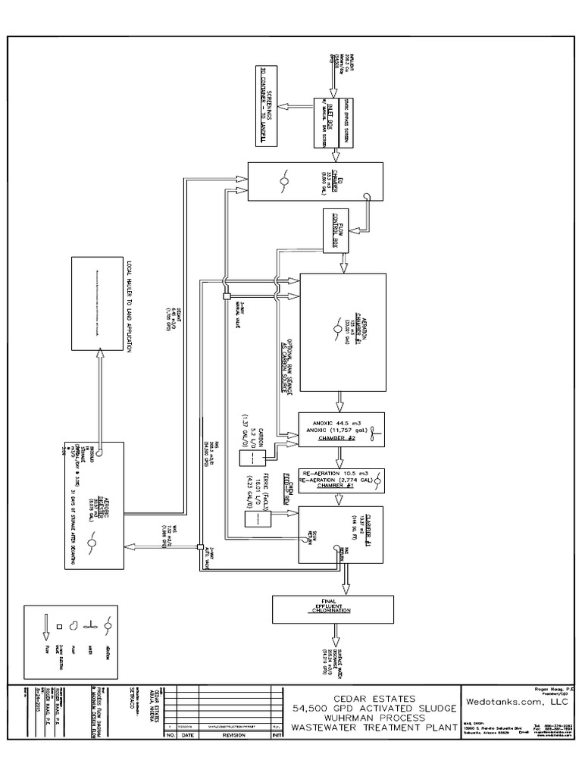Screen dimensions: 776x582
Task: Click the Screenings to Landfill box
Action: (268, 107)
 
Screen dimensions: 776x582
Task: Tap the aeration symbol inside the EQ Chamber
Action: (283, 181)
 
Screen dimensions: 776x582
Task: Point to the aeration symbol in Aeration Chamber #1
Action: (339, 331)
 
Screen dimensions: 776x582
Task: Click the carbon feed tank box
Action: (248, 458)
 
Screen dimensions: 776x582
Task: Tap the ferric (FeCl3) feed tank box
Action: (252, 520)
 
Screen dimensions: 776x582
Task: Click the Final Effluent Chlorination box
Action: (333, 608)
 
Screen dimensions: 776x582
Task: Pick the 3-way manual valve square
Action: (226, 296)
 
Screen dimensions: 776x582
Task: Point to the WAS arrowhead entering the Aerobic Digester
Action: (129, 545)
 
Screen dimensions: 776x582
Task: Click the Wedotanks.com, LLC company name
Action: (517, 702)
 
